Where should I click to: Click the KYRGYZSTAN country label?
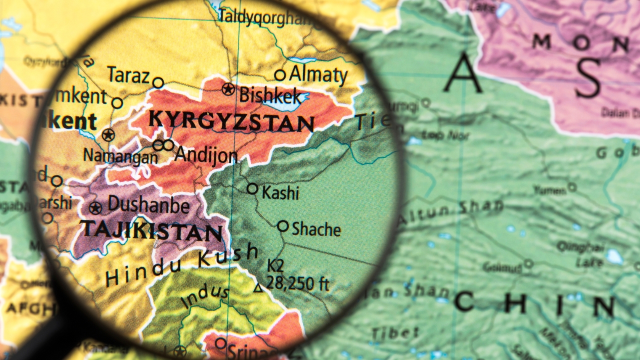[x=231, y=121]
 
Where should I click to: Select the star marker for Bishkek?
[x=228, y=89]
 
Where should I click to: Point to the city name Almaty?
[x=318, y=75]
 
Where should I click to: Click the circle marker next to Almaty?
[x=280, y=75]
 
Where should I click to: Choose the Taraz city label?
[x=128, y=76]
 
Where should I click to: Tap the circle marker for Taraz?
[x=158, y=82]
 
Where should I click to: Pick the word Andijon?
[x=206, y=155]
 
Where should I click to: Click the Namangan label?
[x=120, y=156]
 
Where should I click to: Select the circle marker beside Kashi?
[x=252, y=188]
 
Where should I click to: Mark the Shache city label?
[x=316, y=229]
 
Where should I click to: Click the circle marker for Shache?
[x=283, y=226]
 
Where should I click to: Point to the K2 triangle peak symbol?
[x=258, y=287]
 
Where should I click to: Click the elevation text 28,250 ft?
[x=297, y=283]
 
